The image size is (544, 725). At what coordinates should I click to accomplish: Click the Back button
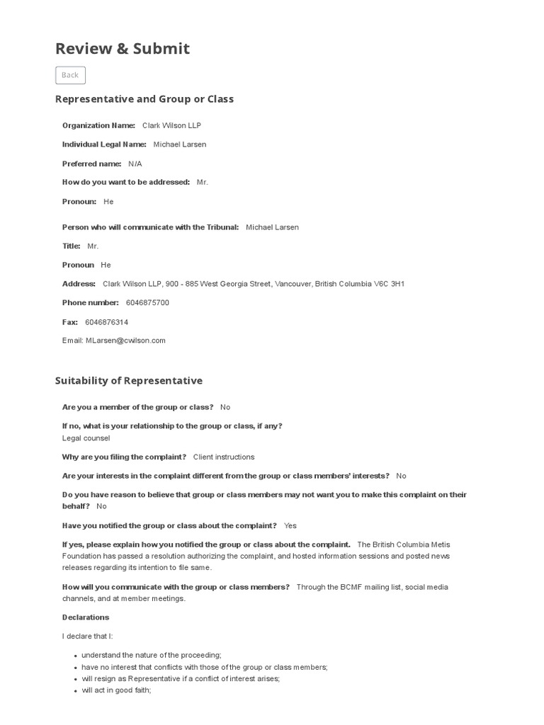[x=70, y=75]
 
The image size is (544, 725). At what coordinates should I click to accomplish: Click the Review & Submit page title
[x=123, y=48]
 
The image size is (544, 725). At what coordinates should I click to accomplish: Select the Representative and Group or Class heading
[x=144, y=99]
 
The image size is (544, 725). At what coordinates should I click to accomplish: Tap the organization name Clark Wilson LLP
[x=171, y=125]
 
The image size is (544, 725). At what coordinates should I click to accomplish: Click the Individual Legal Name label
[x=104, y=144]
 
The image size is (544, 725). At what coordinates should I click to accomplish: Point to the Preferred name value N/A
[x=135, y=164]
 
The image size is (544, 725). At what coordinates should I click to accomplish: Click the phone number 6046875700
[x=147, y=302]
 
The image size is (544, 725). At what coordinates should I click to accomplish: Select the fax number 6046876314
[x=106, y=321]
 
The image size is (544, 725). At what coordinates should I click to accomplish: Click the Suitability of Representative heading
[x=129, y=381]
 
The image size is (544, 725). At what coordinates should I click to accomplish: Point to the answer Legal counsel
[x=86, y=438]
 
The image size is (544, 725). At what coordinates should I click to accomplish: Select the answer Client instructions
[x=224, y=457]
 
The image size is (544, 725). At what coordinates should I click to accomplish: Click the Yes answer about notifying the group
[x=290, y=526]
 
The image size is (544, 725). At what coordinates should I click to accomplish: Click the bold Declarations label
[x=86, y=617]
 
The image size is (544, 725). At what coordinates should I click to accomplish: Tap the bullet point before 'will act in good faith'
[x=76, y=690]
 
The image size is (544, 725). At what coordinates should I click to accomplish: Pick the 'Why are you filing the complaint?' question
[x=124, y=457]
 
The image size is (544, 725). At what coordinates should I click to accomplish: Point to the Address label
[x=79, y=284]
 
